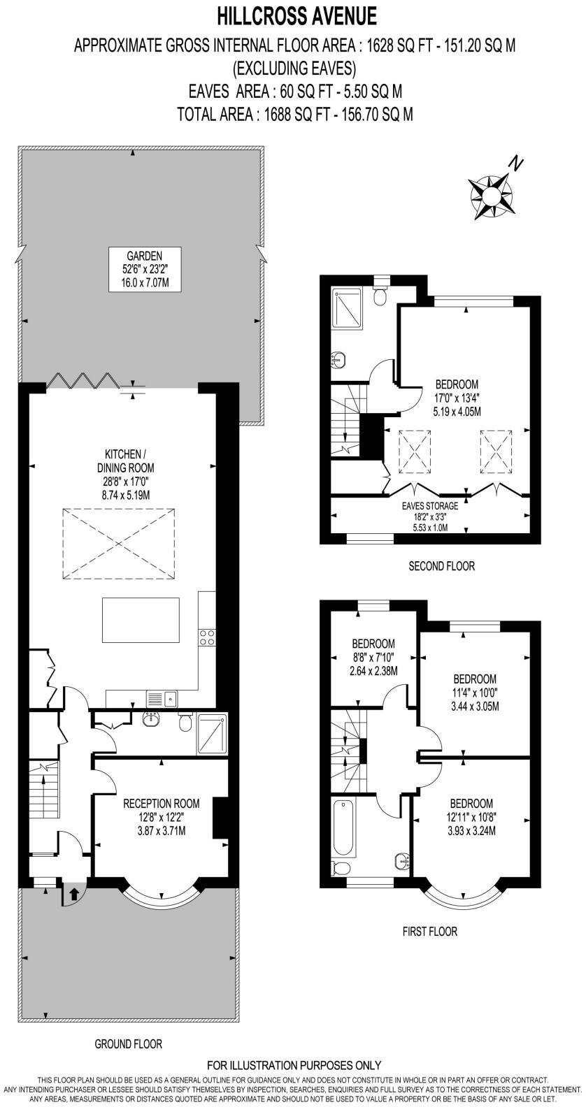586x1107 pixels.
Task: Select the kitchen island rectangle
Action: point(140,619)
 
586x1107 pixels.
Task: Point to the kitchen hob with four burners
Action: point(207,637)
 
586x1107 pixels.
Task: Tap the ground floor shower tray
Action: point(212,734)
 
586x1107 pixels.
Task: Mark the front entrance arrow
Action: point(73,892)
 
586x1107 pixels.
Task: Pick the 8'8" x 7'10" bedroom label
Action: point(373,657)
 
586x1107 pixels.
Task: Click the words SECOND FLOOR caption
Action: point(441,566)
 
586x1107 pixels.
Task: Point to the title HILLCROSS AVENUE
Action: point(296,15)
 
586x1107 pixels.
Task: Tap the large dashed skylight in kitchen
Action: point(117,543)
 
